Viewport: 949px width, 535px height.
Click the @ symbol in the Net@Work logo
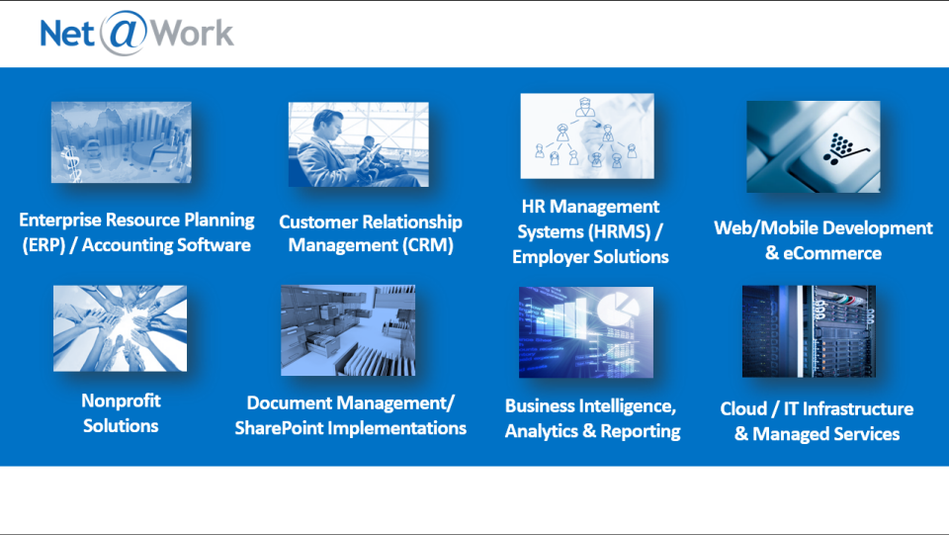click(124, 34)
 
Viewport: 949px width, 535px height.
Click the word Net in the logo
click(67, 34)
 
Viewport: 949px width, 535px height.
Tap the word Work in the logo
click(191, 34)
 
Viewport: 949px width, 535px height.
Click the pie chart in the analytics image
click(617, 309)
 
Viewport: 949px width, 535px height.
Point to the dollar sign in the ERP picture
click(71, 164)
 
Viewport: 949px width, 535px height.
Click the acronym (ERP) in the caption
click(43, 245)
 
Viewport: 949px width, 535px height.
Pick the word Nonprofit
click(121, 401)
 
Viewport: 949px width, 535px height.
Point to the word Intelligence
click(629, 406)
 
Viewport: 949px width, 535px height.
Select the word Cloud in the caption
click(743, 409)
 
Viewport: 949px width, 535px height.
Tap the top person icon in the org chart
click(584, 107)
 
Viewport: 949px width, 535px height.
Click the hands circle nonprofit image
click(120, 328)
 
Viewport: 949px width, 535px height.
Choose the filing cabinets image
click(348, 330)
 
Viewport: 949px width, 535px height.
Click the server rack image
click(809, 331)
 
